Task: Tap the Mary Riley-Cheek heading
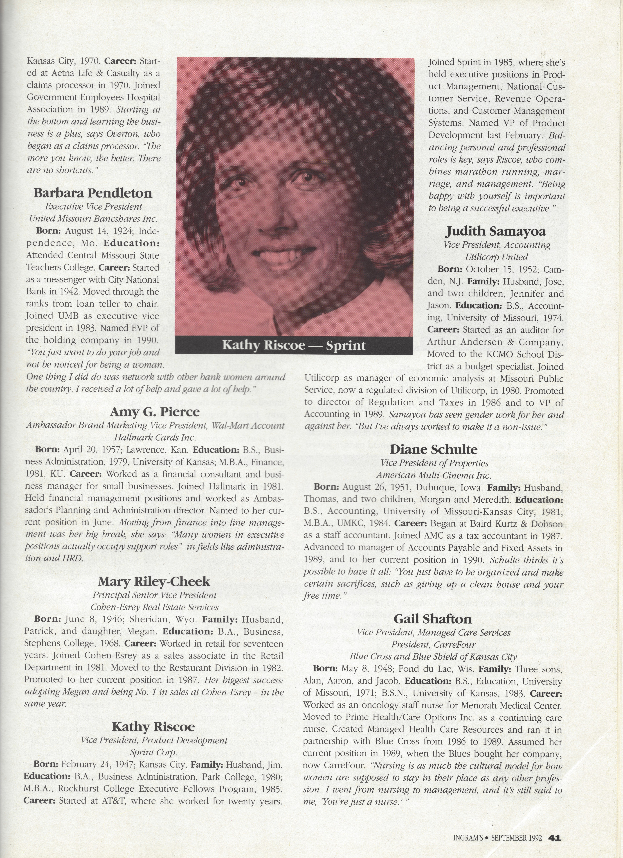pyautogui.click(x=154, y=581)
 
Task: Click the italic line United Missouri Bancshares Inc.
pyautogui.click(x=93, y=219)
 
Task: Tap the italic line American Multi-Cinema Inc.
pyautogui.click(x=433, y=475)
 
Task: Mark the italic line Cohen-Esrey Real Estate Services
pyautogui.click(x=154, y=607)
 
